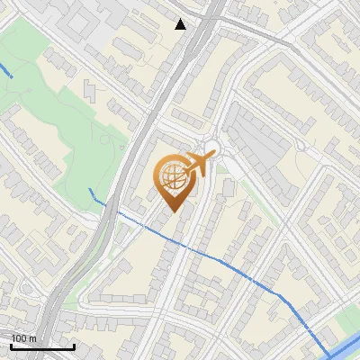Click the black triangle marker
coord(181,24)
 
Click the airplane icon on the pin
coord(199,164)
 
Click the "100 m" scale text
coord(24,337)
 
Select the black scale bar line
coord(42,346)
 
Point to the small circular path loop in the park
coord(116,144)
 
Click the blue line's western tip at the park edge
coord(91,190)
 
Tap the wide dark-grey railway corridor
coord(162,108)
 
